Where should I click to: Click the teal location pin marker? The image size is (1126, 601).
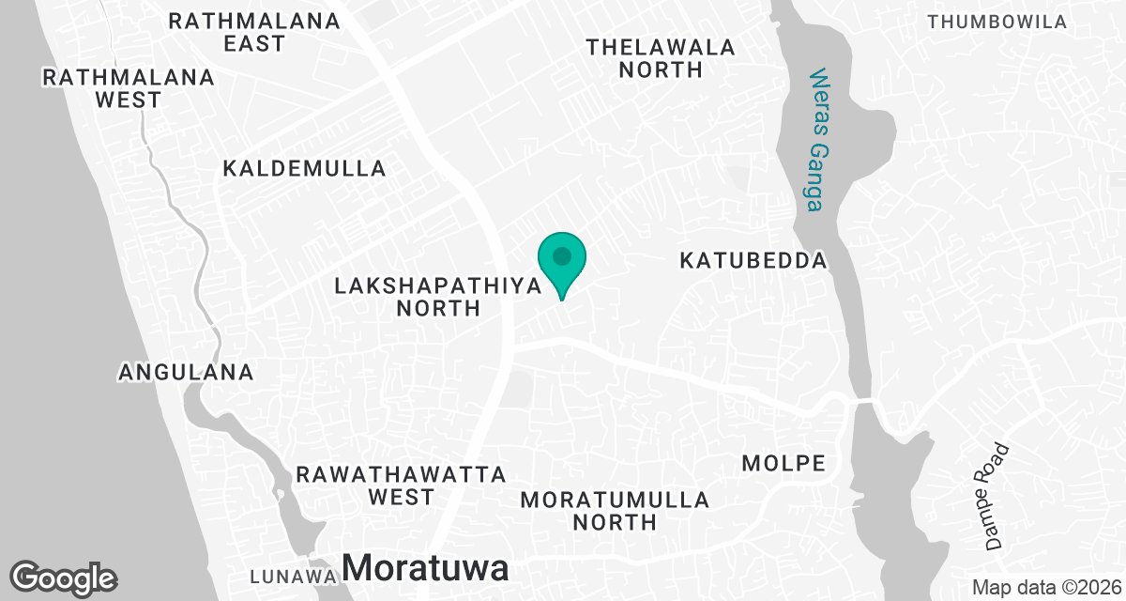(x=561, y=257)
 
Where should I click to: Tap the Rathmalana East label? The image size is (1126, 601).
(x=254, y=33)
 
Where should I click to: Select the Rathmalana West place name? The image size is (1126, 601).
(x=129, y=88)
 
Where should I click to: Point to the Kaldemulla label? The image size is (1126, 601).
(x=305, y=169)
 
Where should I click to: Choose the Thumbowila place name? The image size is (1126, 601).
(x=997, y=22)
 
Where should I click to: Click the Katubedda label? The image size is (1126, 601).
(x=753, y=261)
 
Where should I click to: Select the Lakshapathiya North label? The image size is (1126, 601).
(x=438, y=297)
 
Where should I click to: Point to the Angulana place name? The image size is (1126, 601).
(x=186, y=373)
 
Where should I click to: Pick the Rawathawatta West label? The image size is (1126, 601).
(x=401, y=485)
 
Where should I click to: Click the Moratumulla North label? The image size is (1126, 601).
(x=615, y=511)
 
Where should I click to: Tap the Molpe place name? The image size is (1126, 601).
(x=784, y=463)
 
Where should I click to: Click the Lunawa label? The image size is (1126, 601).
(x=293, y=576)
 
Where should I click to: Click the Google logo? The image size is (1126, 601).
(x=64, y=578)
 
